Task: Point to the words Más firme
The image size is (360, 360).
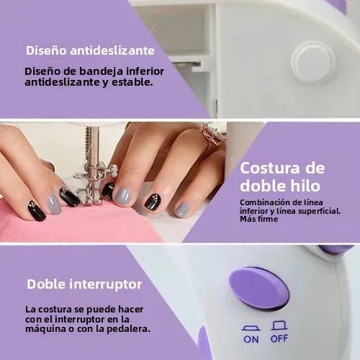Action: (x=258, y=220)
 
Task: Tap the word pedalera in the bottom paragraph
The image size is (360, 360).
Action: (x=128, y=329)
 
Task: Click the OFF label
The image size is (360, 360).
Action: (x=279, y=338)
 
